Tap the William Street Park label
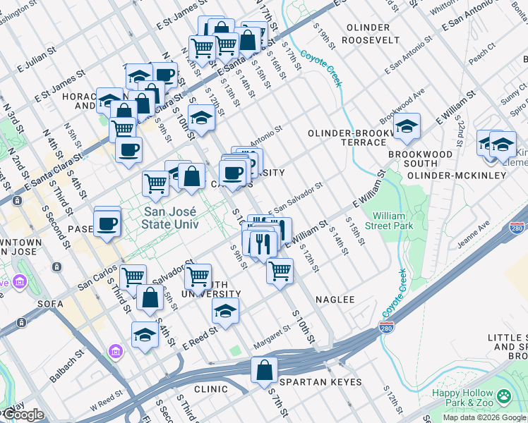392,221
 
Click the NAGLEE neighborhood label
335,300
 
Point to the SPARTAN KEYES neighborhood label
320,382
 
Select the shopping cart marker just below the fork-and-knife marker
280,270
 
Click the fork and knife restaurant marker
261,243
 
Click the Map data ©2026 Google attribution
484,417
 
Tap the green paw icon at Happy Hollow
504,396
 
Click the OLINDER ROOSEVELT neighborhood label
368,34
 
